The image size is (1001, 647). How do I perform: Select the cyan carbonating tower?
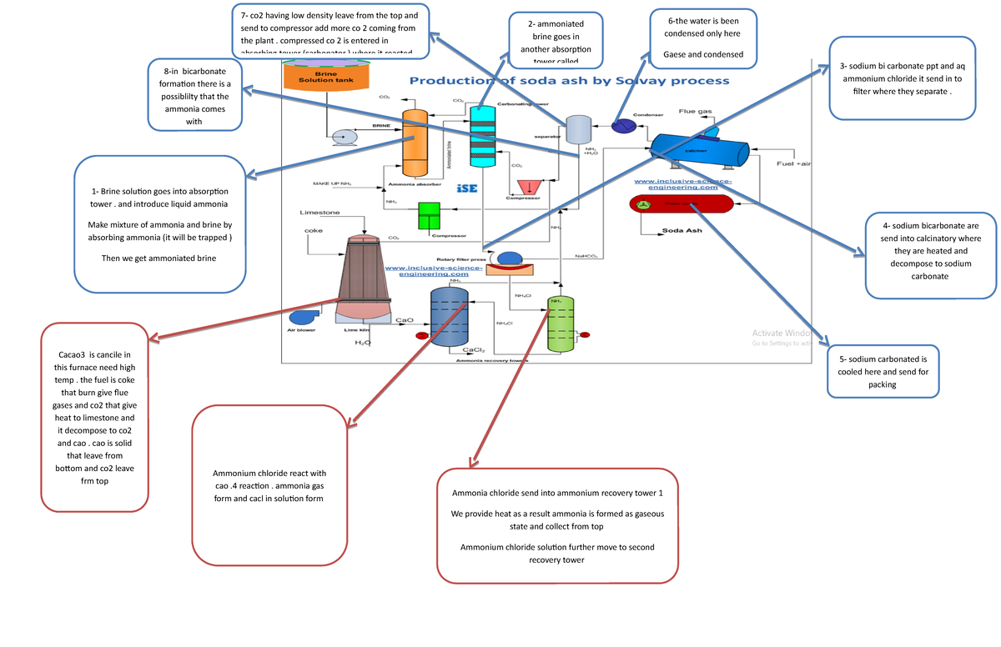click(x=482, y=138)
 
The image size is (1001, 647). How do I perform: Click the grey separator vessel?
click(x=578, y=130)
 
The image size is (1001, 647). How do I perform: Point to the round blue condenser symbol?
click(x=622, y=126)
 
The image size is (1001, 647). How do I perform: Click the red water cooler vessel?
click(x=680, y=203)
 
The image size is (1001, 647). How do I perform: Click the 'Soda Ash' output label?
click(x=682, y=230)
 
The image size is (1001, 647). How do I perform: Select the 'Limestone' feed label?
click(x=319, y=213)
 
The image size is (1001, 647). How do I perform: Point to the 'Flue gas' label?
click(x=695, y=111)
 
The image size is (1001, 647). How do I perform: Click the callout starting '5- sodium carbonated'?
click(x=883, y=371)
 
